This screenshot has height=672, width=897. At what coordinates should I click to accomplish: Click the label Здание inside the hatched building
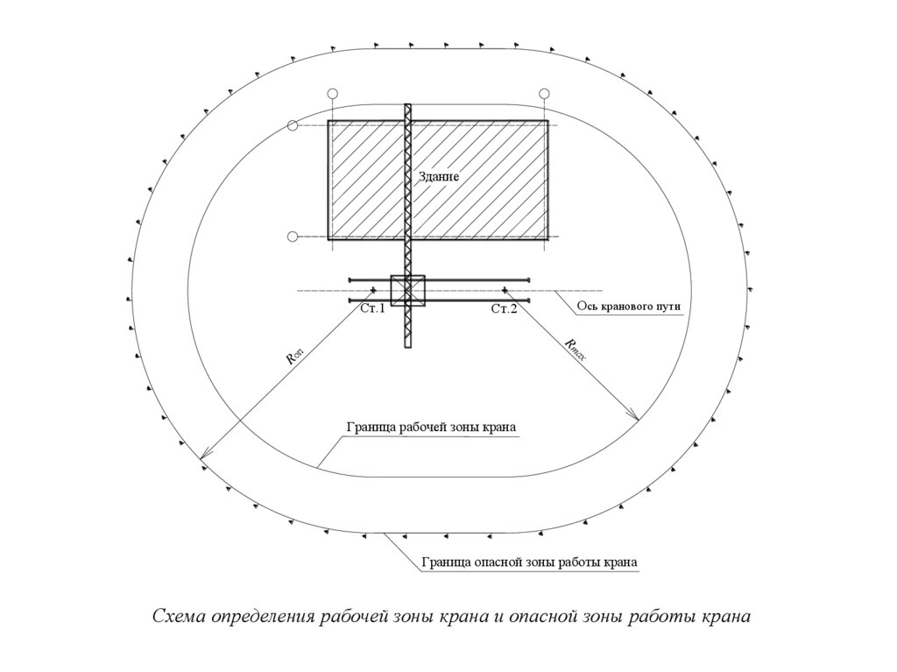[x=439, y=176]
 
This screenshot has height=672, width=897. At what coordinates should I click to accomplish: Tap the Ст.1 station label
[x=372, y=308]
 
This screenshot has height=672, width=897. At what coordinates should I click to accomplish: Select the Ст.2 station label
[x=504, y=308]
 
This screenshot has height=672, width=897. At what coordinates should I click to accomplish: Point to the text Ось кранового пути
[x=628, y=307]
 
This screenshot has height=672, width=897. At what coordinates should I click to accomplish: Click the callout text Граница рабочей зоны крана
[x=431, y=428]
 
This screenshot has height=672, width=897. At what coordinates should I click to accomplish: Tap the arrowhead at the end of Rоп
[x=202, y=457]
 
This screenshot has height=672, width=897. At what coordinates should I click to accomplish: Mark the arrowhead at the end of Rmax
[x=637, y=419]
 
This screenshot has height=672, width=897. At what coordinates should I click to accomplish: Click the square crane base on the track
[x=407, y=290]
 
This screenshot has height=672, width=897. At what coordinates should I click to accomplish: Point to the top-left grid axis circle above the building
[x=331, y=94]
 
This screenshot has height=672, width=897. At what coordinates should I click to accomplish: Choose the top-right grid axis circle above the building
[x=544, y=94]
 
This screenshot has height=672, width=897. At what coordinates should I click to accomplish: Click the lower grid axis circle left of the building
[x=293, y=236]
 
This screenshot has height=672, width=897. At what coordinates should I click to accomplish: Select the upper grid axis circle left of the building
[x=293, y=126]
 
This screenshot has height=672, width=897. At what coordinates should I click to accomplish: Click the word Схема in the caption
[x=179, y=616]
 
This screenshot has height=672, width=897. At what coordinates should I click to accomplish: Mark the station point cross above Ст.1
[x=374, y=289]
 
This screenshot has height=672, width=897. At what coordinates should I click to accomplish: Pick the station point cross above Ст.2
[x=505, y=289]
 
